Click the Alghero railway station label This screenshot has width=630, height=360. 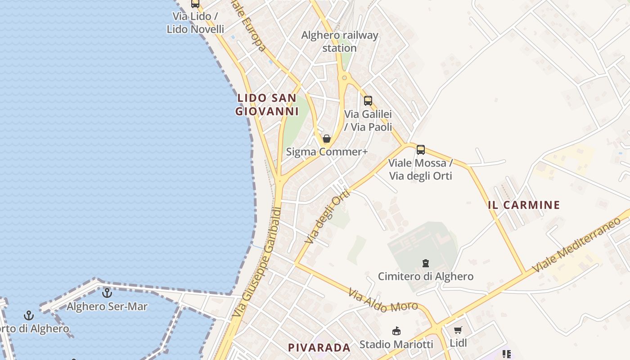click(340, 41)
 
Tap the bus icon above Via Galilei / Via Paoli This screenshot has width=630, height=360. click(368, 101)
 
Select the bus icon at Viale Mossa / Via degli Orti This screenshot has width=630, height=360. click(421, 150)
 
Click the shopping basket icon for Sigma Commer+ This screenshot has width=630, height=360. click(327, 139)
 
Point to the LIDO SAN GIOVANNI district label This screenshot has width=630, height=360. click(267, 104)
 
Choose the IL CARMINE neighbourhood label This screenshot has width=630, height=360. click(524, 205)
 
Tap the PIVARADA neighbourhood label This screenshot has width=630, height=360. click(319, 347)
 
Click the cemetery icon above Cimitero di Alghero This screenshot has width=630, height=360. click(425, 263)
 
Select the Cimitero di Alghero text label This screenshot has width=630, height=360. click(425, 276)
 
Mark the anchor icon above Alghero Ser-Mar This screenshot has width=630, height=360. click(107, 293)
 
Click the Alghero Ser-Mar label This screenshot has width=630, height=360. click(107, 306)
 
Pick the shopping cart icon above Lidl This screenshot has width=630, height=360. click(458, 330)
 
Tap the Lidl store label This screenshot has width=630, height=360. click(458, 343)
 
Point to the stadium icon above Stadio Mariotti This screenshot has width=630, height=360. click(396, 331)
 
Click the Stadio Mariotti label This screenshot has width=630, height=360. click(396, 344)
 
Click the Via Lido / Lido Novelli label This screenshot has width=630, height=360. click(195, 22)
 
